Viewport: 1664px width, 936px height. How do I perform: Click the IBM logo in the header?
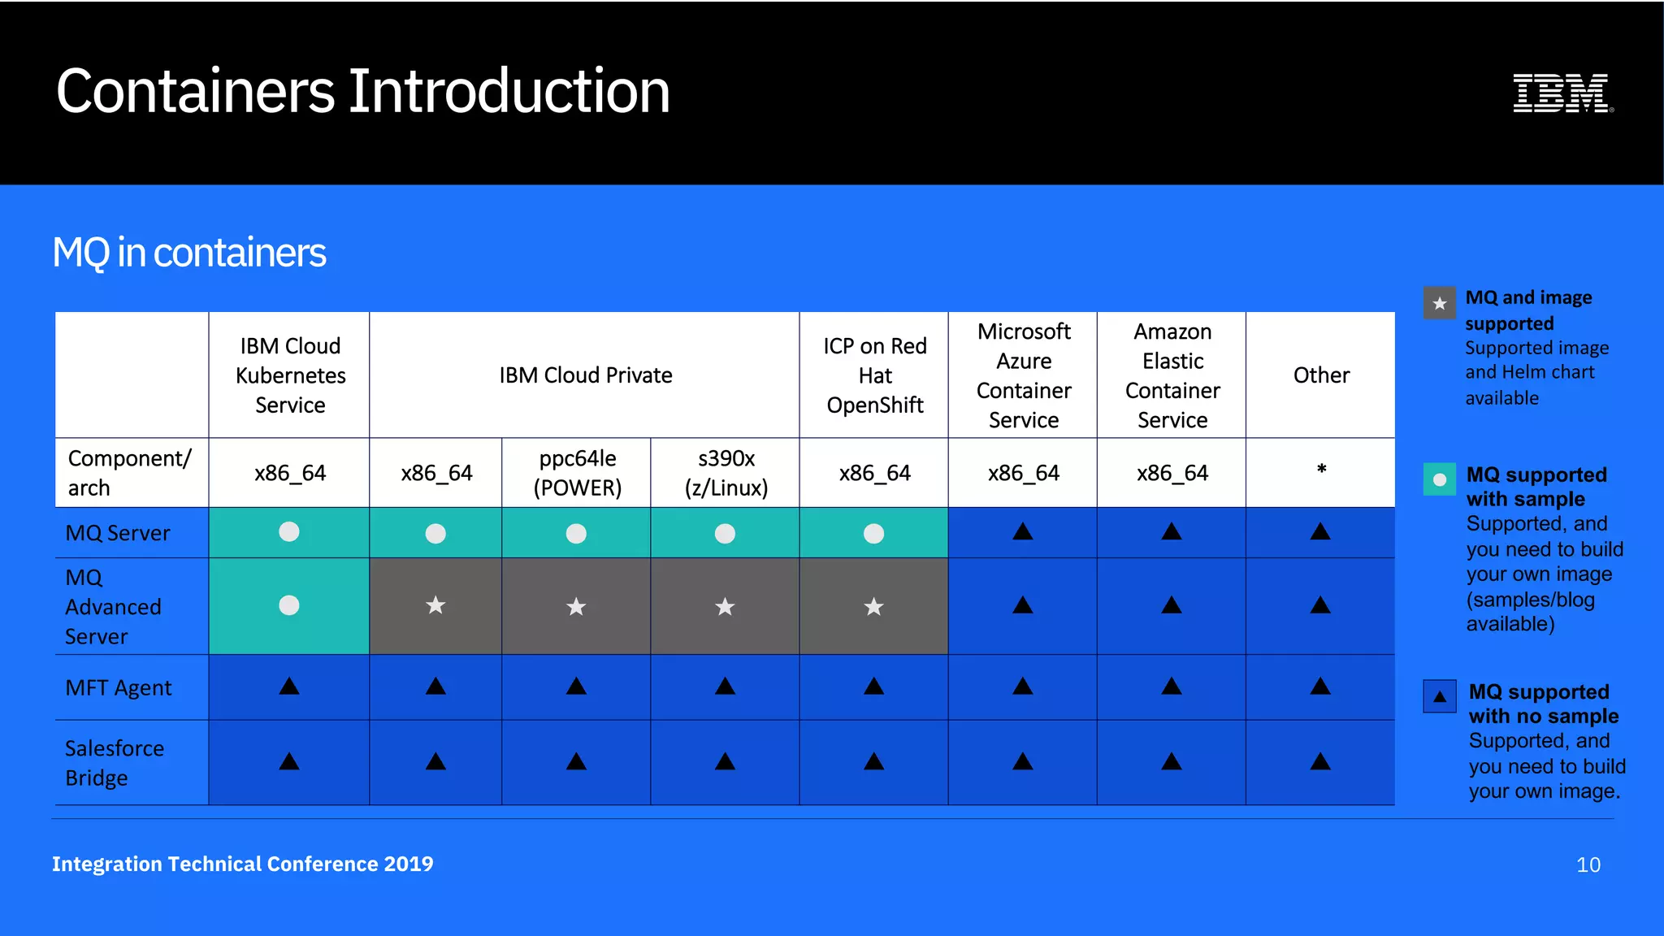click(1562, 93)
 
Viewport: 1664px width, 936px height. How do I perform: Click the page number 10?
click(1588, 864)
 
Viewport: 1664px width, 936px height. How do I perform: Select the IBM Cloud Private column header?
click(585, 375)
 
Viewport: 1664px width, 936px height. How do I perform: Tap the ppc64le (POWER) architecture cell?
click(577, 473)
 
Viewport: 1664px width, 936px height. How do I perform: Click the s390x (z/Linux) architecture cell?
click(726, 473)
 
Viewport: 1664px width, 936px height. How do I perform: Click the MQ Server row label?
click(118, 533)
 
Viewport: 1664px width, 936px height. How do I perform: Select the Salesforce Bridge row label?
click(114, 762)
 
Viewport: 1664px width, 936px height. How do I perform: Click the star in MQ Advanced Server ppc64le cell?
click(576, 606)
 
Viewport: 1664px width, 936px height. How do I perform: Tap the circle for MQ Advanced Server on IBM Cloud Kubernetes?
click(289, 605)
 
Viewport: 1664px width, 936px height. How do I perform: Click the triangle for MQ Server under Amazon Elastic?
click(1171, 532)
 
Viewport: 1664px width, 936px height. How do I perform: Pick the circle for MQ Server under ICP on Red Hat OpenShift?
click(873, 534)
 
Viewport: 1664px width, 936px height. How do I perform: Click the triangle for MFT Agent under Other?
click(1320, 687)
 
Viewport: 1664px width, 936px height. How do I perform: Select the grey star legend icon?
click(1439, 304)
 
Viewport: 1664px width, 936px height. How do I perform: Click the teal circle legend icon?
click(1439, 479)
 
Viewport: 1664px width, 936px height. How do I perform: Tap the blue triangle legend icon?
click(1439, 696)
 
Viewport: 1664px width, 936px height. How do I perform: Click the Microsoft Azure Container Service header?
click(1023, 375)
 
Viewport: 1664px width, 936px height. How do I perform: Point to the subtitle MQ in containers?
click(189, 253)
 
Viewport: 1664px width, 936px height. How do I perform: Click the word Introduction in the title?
click(509, 91)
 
